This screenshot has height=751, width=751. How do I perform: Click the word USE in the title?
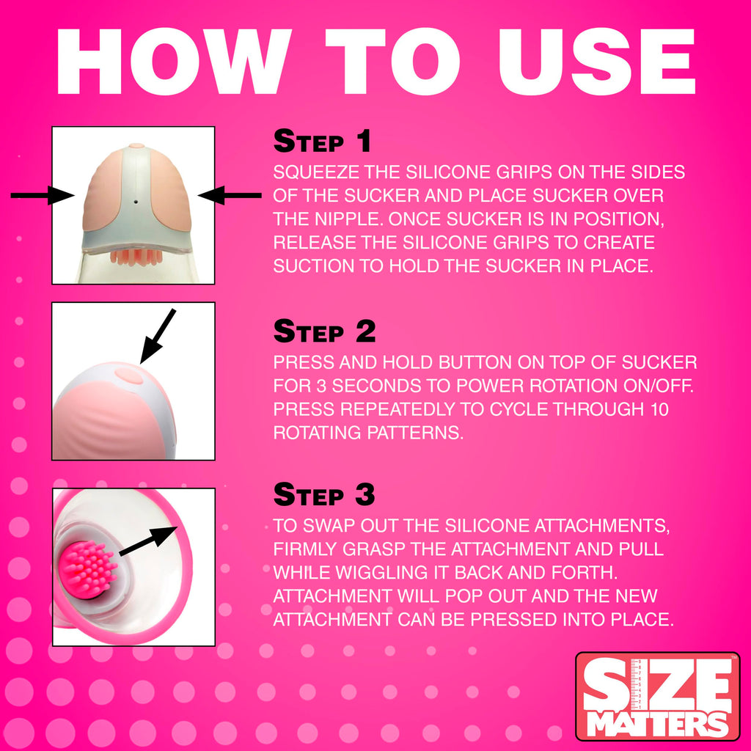click(597, 62)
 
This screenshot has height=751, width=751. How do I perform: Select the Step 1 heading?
click(323, 141)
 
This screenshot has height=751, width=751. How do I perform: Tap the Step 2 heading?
click(324, 331)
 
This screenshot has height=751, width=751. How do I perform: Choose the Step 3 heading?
click(323, 494)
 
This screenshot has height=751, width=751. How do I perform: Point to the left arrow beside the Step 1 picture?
click(42, 195)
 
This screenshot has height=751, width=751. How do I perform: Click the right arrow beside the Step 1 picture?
click(230, 195)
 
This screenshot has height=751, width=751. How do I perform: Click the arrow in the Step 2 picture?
click(158, 336)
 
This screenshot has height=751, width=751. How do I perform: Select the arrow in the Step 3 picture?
click(148, 541)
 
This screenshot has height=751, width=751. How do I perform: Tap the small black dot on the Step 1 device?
click(136, 202)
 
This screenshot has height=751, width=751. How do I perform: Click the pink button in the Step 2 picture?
click(129, 375)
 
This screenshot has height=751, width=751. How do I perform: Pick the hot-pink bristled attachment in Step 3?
click(89, 568)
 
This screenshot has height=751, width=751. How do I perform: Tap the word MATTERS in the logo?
click(657, 724)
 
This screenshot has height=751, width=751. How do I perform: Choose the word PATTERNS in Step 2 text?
click(415, 433)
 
